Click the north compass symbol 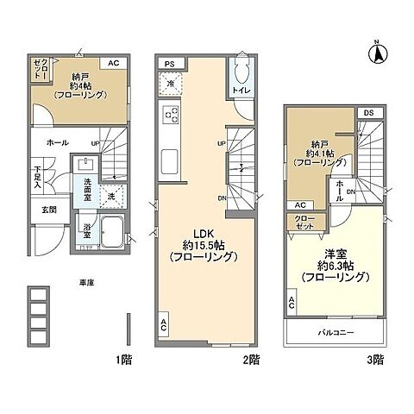[x=377, y=53]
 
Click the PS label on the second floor [x=170, y=63]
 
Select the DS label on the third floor [x=368, y=113]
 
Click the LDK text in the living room [x=202, y=231]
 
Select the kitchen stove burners [x=171, y=113]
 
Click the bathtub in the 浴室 [x=112, y=233]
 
